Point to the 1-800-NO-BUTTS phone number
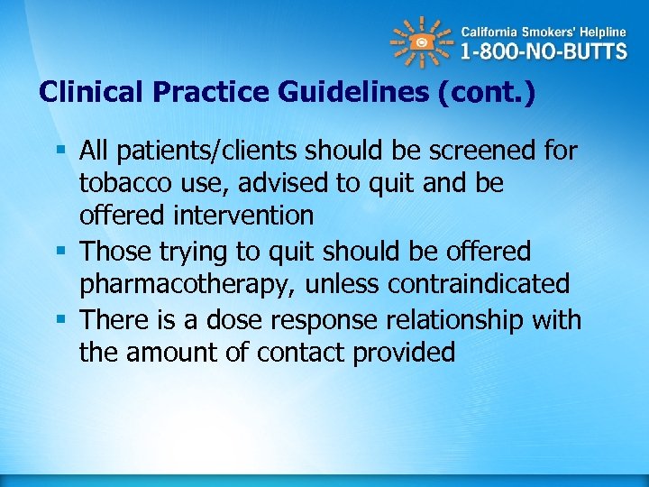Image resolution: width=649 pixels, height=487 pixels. [544, 51]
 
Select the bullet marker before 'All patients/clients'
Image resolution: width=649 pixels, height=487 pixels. [59, 149]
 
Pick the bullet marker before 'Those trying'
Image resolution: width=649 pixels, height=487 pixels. [59, 252]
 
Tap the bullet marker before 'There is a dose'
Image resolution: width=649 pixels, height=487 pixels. [59, 320]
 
